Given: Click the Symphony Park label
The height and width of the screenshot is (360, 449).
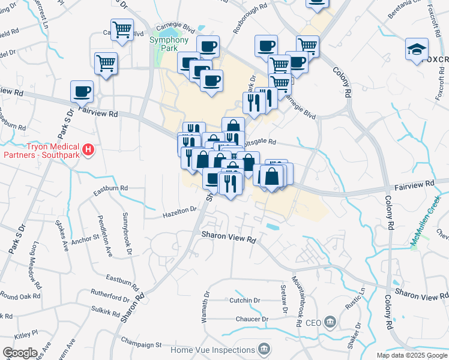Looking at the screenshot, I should pyautogui.click(x=169, y=44).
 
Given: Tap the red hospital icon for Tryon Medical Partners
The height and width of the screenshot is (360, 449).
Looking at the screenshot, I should pyautogui.click(x=89, y=148).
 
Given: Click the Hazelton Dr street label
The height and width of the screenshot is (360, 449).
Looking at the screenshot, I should pyautogui.click(x=180, y=210).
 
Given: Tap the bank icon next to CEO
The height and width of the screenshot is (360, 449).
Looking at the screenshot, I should pyautogui.click(x=330, y=323).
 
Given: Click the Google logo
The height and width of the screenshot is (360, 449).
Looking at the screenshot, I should pyautogui.click(x=19, y=353).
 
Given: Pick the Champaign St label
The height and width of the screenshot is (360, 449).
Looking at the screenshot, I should pyautogui.click(x=142, y=345).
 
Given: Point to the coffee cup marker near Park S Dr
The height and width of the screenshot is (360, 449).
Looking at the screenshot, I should pyautogui.click(x=82, y=91).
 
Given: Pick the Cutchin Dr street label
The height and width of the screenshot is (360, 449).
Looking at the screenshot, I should pyautogui.click(x=244, y=300).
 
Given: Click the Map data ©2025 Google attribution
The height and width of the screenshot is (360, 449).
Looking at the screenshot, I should pyautogui.click(x=411, y=355).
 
